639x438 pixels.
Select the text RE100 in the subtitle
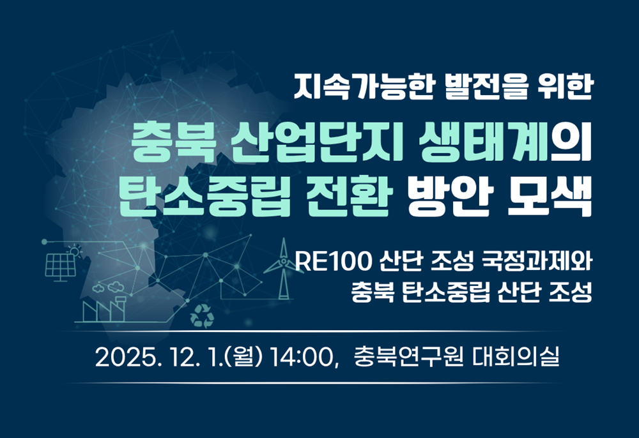point(334,261)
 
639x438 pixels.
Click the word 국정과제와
point(536,261)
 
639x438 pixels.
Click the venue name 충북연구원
point(409,357)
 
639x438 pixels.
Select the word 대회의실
point(516,357)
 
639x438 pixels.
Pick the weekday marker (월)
point(245,358)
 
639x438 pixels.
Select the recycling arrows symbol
point(202,316)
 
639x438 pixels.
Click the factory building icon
point(104,309)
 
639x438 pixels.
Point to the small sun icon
point(75,251)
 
